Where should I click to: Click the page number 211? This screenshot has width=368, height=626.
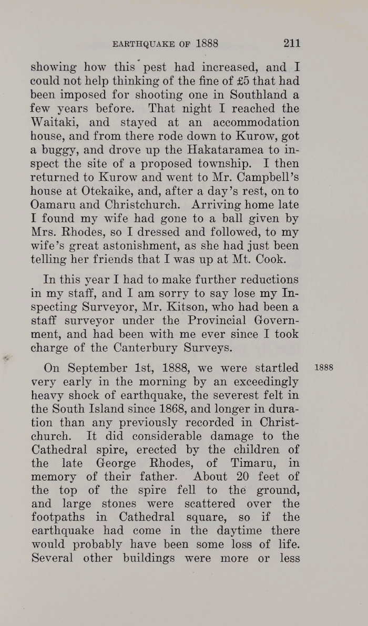click(x=291, y=44)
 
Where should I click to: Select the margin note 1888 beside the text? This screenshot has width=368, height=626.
click(x=323, y=368)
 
